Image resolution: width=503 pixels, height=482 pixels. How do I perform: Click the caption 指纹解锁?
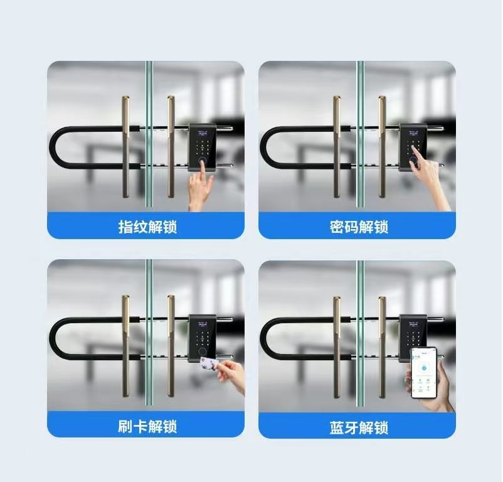pos(147,227)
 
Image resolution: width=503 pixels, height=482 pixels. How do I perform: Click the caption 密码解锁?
pos(359,227)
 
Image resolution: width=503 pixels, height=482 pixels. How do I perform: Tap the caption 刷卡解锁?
pos(147,427)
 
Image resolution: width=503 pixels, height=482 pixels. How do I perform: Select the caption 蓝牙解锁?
pos(359,428)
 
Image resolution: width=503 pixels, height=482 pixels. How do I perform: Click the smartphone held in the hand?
pos(424,373)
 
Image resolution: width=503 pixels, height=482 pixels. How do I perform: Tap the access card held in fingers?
pos(209,364)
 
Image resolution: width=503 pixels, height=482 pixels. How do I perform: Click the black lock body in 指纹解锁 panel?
pos(202,147)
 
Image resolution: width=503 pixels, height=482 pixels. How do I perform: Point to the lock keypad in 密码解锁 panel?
pos(413,147)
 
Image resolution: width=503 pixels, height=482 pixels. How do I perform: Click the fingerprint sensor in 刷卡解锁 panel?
pos(202,351)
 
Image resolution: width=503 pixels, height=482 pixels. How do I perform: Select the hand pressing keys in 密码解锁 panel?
pos(430,179)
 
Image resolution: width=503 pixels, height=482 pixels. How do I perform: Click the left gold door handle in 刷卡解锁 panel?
pos(125,346)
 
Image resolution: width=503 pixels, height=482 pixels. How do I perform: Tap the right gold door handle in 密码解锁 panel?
pos(382,146)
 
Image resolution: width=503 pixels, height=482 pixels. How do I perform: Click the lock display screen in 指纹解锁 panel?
pos(202,133)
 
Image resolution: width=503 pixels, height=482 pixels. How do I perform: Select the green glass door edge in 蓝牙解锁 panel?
pos(360,333)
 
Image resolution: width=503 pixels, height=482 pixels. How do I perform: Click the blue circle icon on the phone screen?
pos(424,368)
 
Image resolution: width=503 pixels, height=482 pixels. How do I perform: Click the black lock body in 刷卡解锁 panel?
pos(202,338)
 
